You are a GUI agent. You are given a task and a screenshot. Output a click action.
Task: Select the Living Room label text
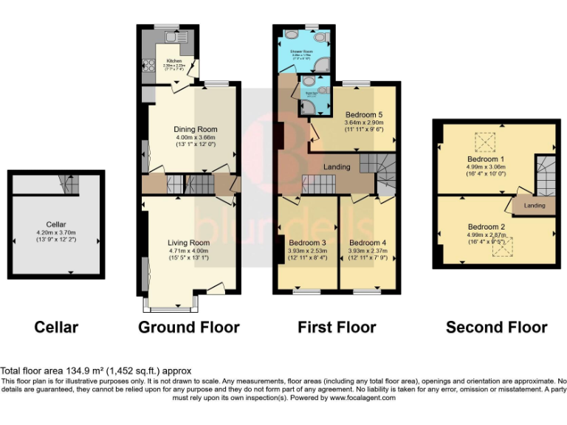click(x=190, y=242)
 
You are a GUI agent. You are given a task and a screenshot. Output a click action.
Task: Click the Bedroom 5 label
click(x=364, y=114)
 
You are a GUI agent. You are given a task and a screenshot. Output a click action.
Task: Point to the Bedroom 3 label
click(x=307, y=243)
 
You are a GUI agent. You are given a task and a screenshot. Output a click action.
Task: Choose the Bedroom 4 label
click(x=367, y=243)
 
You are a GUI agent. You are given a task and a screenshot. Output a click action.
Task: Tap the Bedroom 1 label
click(x=486, y=159)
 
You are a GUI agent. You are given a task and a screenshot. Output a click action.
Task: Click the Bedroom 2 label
click(x=486, y=227)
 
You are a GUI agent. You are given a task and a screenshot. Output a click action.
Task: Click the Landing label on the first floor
click(x=337, y=167)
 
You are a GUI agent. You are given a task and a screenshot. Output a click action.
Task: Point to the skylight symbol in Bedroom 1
click(x=485, y=140)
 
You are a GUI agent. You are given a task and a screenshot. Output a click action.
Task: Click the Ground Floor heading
click(x=188, y=327)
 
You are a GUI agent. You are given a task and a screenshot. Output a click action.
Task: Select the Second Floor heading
click(x=496, y=327)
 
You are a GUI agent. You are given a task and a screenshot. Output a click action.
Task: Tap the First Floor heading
click(x=337, y=327)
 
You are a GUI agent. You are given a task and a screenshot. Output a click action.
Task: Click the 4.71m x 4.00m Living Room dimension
click(x=190, y=251)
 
